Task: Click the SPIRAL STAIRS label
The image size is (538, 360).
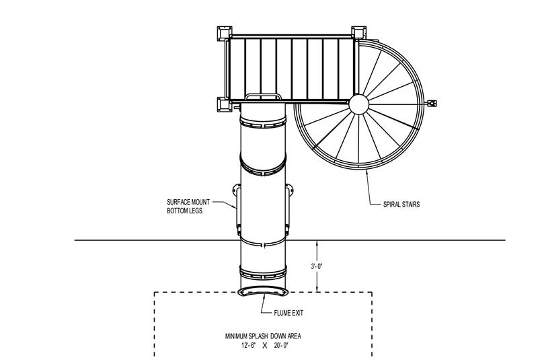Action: click(401, 204)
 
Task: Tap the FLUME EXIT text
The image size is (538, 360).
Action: click(289, 313)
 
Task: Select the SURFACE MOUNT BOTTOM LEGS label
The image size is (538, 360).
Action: click(188, 207)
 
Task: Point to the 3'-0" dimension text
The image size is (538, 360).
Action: click(317, 266)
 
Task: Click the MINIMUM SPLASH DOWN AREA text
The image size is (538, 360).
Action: click(263, 336)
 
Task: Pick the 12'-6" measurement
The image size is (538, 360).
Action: click(248, 346)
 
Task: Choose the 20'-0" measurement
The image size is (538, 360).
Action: click(281, 346)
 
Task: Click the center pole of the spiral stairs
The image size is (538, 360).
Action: click(358, 104)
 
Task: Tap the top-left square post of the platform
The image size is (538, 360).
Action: click(225, 33)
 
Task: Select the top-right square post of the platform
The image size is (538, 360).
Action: click(359, 33)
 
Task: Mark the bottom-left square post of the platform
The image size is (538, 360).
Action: click(225, 105)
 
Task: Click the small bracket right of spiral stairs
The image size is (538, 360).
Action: click(432, 103)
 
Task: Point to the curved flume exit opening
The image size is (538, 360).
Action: click(263, 292)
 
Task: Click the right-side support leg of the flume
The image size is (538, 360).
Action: click(289, 209)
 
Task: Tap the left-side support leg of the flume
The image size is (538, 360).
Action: click(237, 209)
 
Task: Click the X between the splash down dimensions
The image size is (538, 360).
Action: click(264, 346)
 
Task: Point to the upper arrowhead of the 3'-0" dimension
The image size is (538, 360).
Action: click(317, 243)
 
